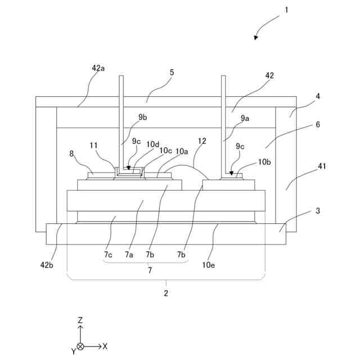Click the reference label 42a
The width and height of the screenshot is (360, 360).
click(98, 68)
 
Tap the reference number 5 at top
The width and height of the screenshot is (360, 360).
click(172, 73)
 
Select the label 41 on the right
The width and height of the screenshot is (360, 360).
click(322, 166)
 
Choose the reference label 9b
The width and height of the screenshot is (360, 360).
click(143, 118)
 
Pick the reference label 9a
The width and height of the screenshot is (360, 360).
click(245, 118)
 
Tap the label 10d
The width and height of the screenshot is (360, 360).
click(152, 145)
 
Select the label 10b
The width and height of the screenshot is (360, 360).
click(264, 162)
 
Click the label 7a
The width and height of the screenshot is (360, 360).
click(129, 254)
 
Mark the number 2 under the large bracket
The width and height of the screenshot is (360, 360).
click(166, 292)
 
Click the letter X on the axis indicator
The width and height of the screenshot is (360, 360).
click(105, 346)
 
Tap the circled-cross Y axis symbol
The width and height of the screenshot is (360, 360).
click(81, 346)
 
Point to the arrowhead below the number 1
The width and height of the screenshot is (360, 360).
click(256, 38)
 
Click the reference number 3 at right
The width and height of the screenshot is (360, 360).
click(317, 211)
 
